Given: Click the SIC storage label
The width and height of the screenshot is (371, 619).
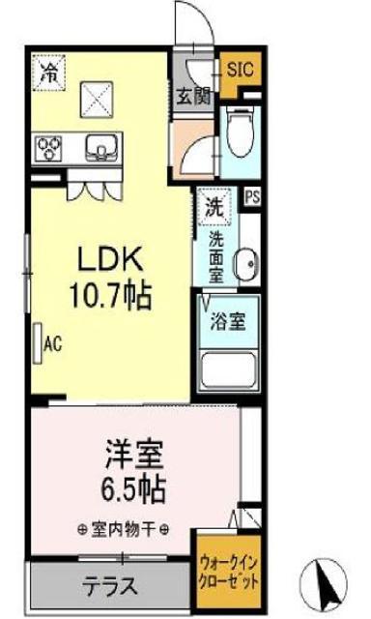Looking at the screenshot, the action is click(x=241, y=70).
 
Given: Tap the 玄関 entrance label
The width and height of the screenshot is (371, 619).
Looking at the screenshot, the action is click(x=193, y=96).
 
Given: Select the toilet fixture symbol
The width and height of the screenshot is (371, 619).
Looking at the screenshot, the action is click(x=240, y=133).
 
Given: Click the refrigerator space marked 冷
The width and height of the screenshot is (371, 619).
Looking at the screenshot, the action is click(x=49, y=73).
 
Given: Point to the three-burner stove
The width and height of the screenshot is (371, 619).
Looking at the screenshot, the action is click(x=49, y=148).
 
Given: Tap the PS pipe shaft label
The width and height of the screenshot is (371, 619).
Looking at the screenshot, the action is click(x=252, y=197).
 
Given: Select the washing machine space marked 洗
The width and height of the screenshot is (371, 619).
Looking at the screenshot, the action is click(x=214, y=207).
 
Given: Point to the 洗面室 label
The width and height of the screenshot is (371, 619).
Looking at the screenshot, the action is click(x=216, y=256).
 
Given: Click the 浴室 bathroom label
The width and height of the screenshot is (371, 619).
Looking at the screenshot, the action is click(x=228, y=322).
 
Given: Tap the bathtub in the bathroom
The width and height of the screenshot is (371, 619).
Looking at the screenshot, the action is click(x=228, y=370).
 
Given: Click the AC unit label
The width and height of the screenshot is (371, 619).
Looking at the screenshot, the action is click(x=53, y=344).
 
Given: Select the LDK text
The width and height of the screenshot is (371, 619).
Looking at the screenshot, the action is click(x=110, y=259).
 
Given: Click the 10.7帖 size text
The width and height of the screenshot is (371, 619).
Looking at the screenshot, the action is click(x=110, y=296).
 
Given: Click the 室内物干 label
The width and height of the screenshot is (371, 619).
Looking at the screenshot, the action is click(x=124, y=529).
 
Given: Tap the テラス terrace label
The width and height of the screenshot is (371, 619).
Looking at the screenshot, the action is click(x=110, y=585).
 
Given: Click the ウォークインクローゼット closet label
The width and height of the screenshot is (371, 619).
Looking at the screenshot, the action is click(x=229, y=573).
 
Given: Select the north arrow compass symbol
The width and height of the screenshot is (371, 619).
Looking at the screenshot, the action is click(x=325, y=584).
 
